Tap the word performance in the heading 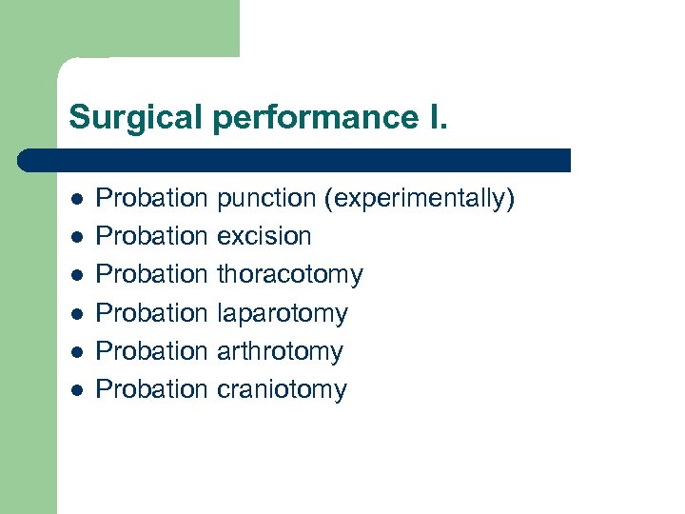click(304, 118)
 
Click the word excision click(264, 236)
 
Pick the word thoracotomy click(290, 275)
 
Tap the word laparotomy click(283, 313)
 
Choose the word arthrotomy click(280, 351)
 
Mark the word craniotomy click(282, 389)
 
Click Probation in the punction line click(152, 199)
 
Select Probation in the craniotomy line click(152, 389)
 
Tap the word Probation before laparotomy click(152, 313)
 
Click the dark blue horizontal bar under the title click(295, 160)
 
